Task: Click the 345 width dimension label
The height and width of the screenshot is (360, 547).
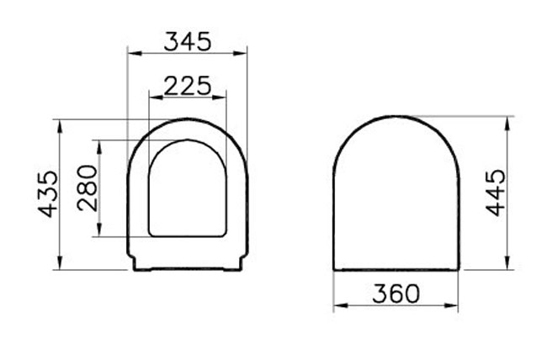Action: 188,41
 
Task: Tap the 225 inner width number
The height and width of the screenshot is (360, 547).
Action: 188,86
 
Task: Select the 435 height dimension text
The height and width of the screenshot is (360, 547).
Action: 47,194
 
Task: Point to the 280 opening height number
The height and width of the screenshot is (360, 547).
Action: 88,188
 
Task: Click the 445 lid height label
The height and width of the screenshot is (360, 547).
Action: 495,193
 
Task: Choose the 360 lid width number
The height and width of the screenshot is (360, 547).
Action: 396,294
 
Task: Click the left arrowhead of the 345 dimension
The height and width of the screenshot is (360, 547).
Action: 135,53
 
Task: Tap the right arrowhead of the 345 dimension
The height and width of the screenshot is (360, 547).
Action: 240,53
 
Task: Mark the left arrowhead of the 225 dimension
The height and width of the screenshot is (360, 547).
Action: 157,98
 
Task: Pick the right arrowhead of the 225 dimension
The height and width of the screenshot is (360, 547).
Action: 219,98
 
